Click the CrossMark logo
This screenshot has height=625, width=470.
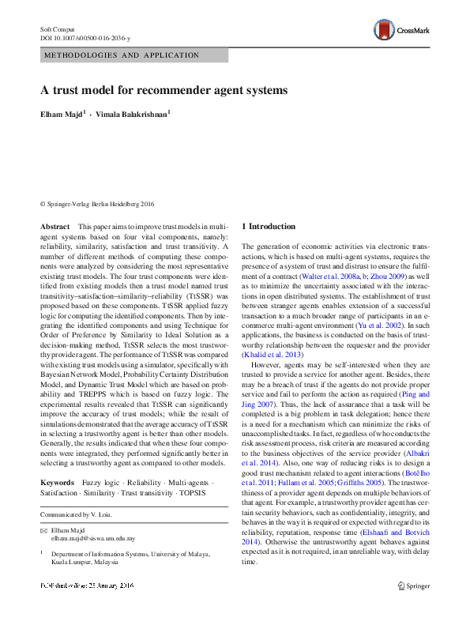[x=402, y=31]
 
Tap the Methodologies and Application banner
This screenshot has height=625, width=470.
[x=133, y=55]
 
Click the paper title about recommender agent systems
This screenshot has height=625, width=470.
[x=164, y=90]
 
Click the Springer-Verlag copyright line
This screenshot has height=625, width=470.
[x=97, y=203]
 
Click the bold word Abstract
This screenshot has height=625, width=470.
[x=55, y=228]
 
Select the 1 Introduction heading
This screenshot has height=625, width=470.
[x=269, y=228]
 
